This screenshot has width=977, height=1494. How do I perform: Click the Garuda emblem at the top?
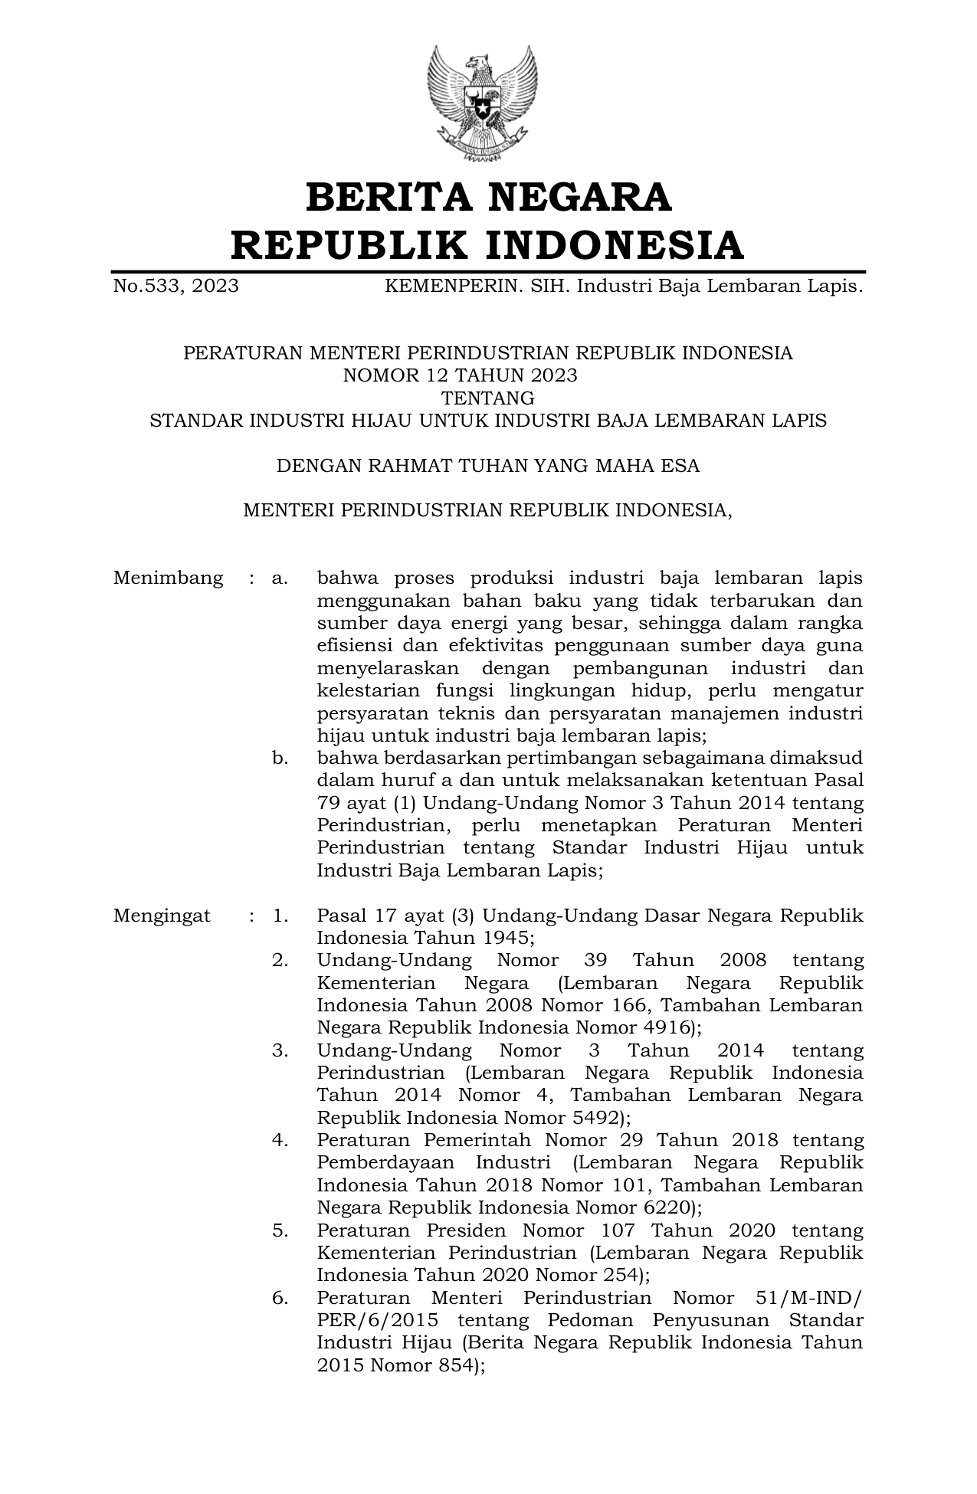tap(482, 104)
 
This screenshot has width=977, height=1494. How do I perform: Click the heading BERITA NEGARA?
tap(488, 197)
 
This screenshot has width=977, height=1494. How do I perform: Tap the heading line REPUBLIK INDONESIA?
tap(488, 245)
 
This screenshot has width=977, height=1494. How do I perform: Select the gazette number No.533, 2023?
tap(175, 287)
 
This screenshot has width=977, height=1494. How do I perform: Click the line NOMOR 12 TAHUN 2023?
tap(460, 375)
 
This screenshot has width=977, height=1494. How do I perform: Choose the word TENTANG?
tap(488, 398)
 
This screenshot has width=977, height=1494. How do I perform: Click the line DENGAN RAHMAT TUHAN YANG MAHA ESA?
tap(488, 466)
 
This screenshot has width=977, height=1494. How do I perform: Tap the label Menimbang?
tap(168, 578)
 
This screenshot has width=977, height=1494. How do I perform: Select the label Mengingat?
tap(162, 916)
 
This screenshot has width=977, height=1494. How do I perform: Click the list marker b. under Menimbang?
tap(280, 758)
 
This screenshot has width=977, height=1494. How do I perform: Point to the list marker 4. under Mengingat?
tap(280, 1141)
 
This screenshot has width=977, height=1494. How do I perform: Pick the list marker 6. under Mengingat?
tap(280, 1299)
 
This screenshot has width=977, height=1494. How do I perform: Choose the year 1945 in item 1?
tap(505, 938)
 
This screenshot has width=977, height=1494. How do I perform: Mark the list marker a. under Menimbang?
tap(280, 578)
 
